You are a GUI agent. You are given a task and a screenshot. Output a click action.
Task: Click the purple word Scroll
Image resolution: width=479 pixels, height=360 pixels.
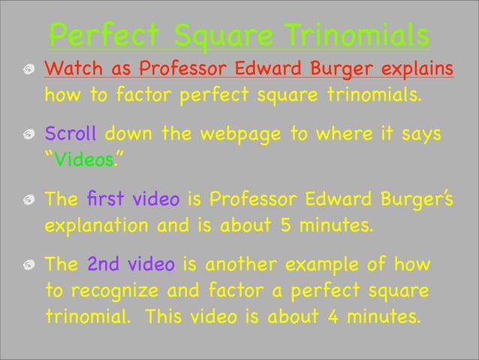tap(71, 135)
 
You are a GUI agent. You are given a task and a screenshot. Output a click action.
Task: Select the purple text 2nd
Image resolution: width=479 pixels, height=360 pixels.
tap(104, 265)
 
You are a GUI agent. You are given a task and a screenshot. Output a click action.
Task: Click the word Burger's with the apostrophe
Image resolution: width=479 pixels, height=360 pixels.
tap(412, 201)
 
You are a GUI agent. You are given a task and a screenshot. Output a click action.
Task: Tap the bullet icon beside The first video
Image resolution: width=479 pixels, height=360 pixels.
tap(27, 201)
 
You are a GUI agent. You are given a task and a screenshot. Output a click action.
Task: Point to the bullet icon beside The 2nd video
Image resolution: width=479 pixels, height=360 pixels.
tap(27, 266)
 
